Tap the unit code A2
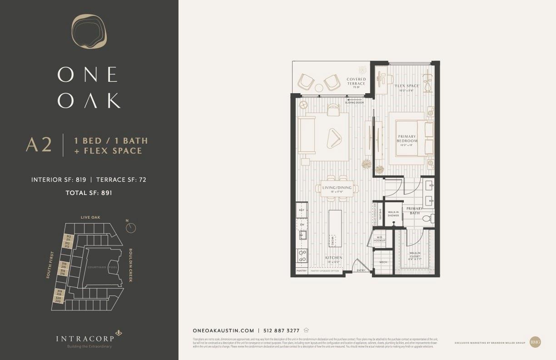pyautogui.click(x=39, y=145)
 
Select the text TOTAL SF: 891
pyautogui.click(x=89, y=192)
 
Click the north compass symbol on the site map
pyautogui.click(x=131, y=227)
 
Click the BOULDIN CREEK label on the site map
pyautogui.click(x=130, y=265)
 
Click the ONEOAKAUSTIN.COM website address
pyautogui.click(x=223, y=331)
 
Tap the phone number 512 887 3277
pyautogui.click(x=282, y=331)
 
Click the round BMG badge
pyautogui.click(x=535, y=342)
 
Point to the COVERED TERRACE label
pyautogui.click(x=356, y=81)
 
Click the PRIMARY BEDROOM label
pyautogui.click(x=407, y=139)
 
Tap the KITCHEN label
pyautogui.click(x=333, y=258)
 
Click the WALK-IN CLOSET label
pyautogui.click(x=416, y=255)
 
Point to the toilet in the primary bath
pyautogui.click(x=427, y=219)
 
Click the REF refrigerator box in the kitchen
pyautogui.click(x=302, y=210)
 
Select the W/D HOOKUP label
pyautogui.click(x=379, y=239)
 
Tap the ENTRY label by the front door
pyautogui.click(x=361, y=270)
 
